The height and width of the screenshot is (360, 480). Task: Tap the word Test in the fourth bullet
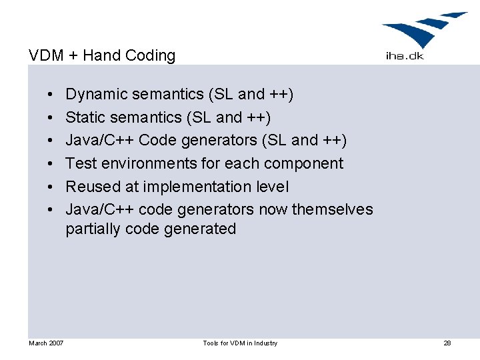[81, 163]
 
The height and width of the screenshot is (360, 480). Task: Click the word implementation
[188, 187]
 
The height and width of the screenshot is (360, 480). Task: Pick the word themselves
[332, 209]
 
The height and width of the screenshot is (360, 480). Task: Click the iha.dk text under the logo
[404, 56]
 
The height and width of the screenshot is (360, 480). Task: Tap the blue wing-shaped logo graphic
[423, 30]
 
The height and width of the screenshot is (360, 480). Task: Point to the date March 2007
[46, 343]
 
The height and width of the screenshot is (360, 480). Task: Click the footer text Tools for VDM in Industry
[240, 343]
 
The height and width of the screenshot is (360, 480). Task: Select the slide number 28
[447, 343]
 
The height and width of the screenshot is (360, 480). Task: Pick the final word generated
[205, 229]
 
